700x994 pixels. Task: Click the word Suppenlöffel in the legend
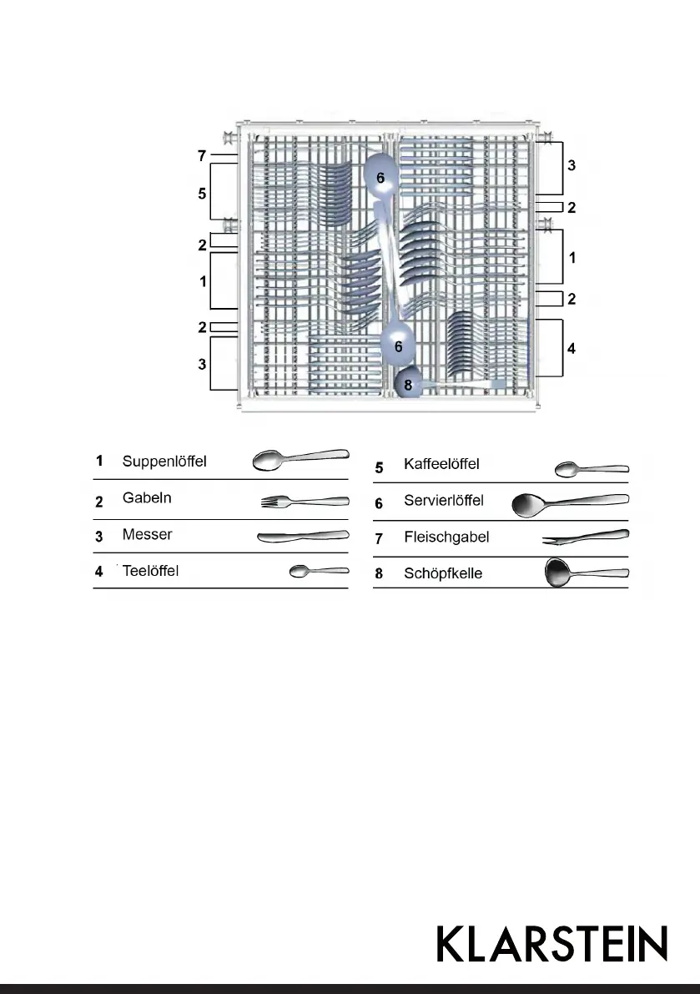(x=164, y=461)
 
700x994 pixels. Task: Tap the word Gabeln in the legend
(x=147, y=498)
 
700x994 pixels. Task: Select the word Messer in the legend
(x=147, y=534)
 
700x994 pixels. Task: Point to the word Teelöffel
(x=150, y=571)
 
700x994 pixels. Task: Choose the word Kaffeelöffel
(x=441, y=464)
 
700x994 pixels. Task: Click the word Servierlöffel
(x=443, y=501)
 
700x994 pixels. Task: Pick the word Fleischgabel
(x=446, y=537)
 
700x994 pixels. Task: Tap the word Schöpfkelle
(x=442, y=573)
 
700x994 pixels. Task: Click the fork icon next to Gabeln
(x=305, y=502)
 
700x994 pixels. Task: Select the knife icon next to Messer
(x=302, y=537)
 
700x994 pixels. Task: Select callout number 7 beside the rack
(x=201, y=155)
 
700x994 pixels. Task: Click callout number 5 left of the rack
(x=201, y=193)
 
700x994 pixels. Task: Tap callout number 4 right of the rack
(x=572, y=348)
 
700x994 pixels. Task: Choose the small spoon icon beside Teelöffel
(x=318, y=571)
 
